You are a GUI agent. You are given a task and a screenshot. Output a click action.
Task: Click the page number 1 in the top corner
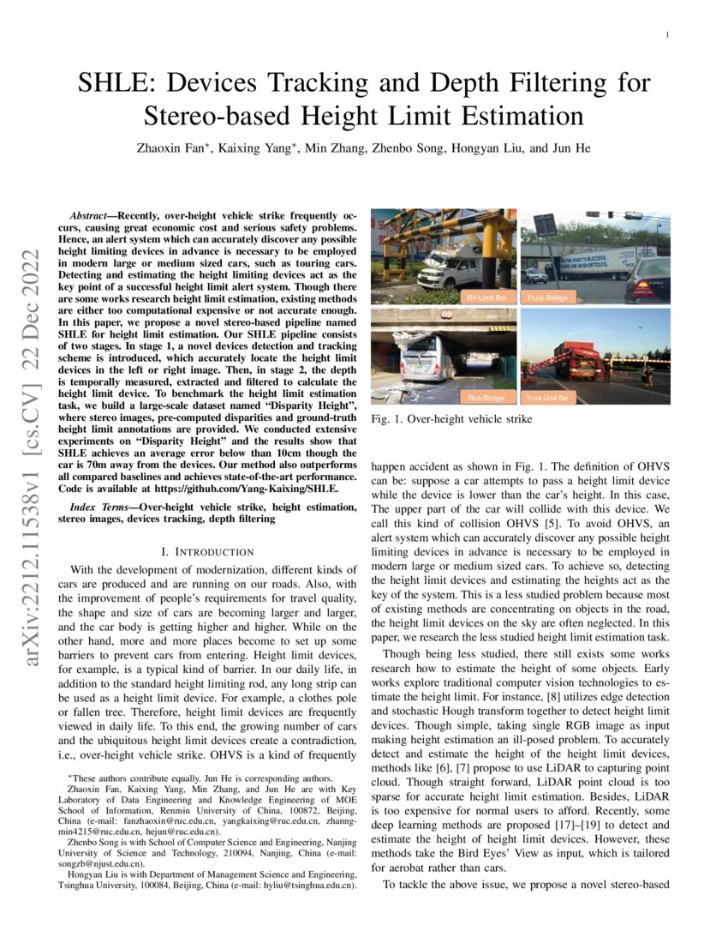665,35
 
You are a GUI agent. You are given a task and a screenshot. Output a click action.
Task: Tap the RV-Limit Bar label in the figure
485,297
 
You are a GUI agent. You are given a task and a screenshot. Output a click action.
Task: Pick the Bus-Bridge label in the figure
485,398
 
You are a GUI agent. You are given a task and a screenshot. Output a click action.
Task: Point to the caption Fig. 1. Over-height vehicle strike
451,419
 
